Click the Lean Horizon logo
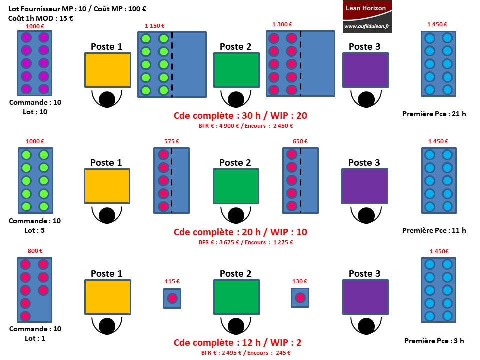367,16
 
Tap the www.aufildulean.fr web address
367,26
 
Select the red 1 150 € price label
155,26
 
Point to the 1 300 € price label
282,24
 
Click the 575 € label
171,141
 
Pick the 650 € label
300,141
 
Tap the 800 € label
35,251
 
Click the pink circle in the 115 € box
172,298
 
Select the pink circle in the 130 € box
300,298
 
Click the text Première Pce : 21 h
434,114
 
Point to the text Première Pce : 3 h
434,341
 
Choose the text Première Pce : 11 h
434,230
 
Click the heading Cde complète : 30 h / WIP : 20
240,115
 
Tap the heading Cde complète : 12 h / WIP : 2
238,342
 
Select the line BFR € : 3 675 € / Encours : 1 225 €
246,242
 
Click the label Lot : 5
34,230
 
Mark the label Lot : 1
35,338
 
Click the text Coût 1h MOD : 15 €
41,18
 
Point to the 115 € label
172,281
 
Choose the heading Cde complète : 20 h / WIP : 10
240,232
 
